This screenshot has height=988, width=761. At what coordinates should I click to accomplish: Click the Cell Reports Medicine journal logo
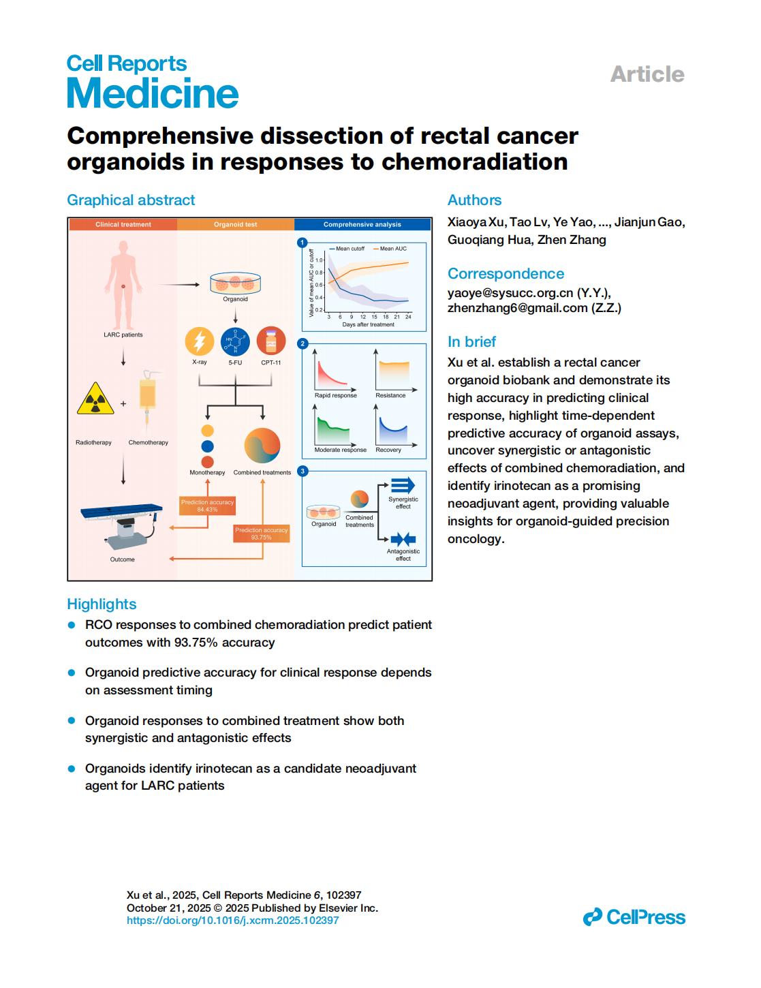click(153, 82)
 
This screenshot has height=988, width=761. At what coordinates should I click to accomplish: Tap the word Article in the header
click(647, 74)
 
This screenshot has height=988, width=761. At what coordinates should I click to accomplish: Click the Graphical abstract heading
click(131, 200)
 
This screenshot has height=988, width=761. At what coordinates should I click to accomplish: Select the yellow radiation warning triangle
click(95, 399)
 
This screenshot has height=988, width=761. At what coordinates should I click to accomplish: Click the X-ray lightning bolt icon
click(199, 341)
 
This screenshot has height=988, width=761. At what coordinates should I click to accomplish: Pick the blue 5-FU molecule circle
click(235, 341)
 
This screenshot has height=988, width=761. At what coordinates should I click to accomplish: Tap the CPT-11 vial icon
click(271, 341)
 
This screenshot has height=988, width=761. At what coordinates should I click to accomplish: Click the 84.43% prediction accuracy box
click(207, 506)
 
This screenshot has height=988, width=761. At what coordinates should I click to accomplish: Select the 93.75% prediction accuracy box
click(262, 534)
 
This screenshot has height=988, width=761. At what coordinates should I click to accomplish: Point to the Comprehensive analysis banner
click(362, 224)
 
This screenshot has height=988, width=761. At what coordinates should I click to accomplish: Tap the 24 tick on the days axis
click(408, 317)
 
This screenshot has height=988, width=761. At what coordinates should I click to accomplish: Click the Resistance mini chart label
click(390, 395)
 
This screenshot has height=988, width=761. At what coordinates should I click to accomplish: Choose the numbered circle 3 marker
click(303, 471)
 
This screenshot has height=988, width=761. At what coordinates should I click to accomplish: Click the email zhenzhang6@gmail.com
click(517, 308)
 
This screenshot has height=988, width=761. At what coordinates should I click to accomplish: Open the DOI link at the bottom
click(232, 921)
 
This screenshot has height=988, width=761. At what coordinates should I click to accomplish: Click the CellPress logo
click(634, 917)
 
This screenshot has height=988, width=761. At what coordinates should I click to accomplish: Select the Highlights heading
click(102, 604)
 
